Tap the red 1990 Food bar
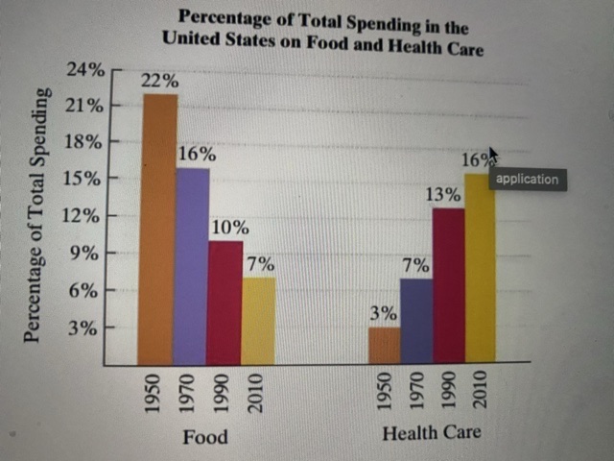tap(225, 302)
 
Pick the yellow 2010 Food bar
tap(258, 321)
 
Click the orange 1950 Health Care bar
tap(385, 346)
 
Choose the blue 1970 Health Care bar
tap(416, 321)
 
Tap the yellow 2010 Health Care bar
tap(480, 268)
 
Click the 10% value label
tap(229, 229)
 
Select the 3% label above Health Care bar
tap(384, 314)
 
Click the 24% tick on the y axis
tap(85, 70)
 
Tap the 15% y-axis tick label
tap(85, 180)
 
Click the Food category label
tap(205, 437)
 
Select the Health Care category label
tap(431, 433)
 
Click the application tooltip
tap(527, 179)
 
